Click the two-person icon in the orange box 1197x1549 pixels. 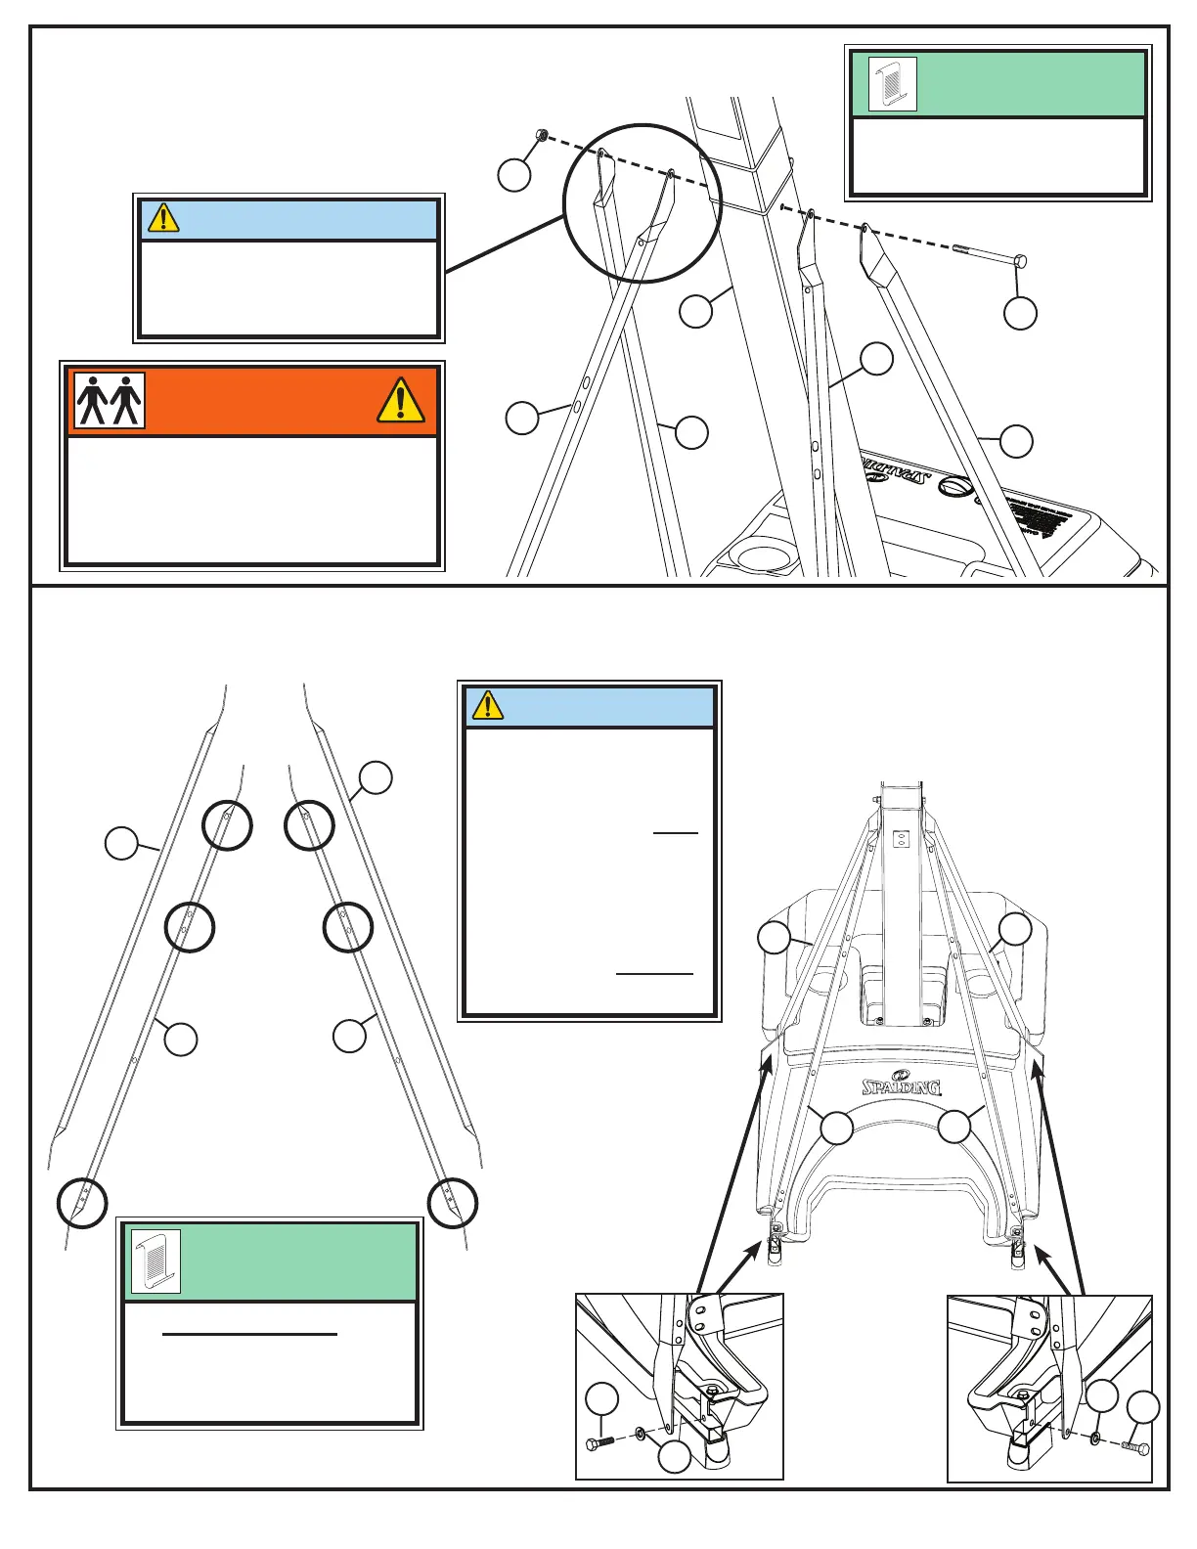110,401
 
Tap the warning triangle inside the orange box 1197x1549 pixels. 400,401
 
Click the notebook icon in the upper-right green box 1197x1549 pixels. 893,84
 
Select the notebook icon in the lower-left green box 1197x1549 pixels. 156,1261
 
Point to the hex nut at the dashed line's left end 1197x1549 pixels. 540,134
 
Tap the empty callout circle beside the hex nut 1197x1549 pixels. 514,175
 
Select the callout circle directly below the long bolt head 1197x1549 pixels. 1021,313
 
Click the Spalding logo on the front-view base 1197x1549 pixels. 901,1084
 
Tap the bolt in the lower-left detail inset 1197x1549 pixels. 599,1443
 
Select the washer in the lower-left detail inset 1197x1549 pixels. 639,1434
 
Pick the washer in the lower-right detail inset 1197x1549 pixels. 1094,1438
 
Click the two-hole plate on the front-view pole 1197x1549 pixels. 903,839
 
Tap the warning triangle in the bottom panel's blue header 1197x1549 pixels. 488,705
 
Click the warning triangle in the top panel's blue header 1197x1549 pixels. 163,218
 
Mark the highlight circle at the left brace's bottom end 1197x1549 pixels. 82,1202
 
